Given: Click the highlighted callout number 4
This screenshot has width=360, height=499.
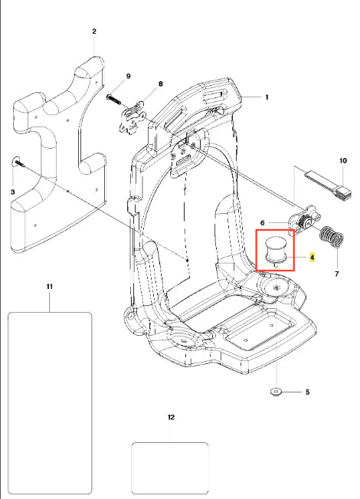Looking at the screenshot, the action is (x=313, y=257).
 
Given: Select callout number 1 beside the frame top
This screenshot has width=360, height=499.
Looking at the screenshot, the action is (x=267, y=97).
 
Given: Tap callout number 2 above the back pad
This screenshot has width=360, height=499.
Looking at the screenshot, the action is (x=94, y=31).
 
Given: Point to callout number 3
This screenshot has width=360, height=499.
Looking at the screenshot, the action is (x=13, y=192).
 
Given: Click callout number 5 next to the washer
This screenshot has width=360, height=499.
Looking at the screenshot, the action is (x=307, y=392).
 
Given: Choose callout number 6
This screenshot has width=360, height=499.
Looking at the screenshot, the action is (x=263, y=223).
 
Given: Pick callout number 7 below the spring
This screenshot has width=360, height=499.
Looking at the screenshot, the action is (x=337, y=274).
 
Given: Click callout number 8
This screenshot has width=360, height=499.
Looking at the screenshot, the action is (x=161, y=84).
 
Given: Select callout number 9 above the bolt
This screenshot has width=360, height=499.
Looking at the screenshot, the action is (x=128, y=76).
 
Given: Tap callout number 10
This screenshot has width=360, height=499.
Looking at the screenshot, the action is (x=343, y=161).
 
